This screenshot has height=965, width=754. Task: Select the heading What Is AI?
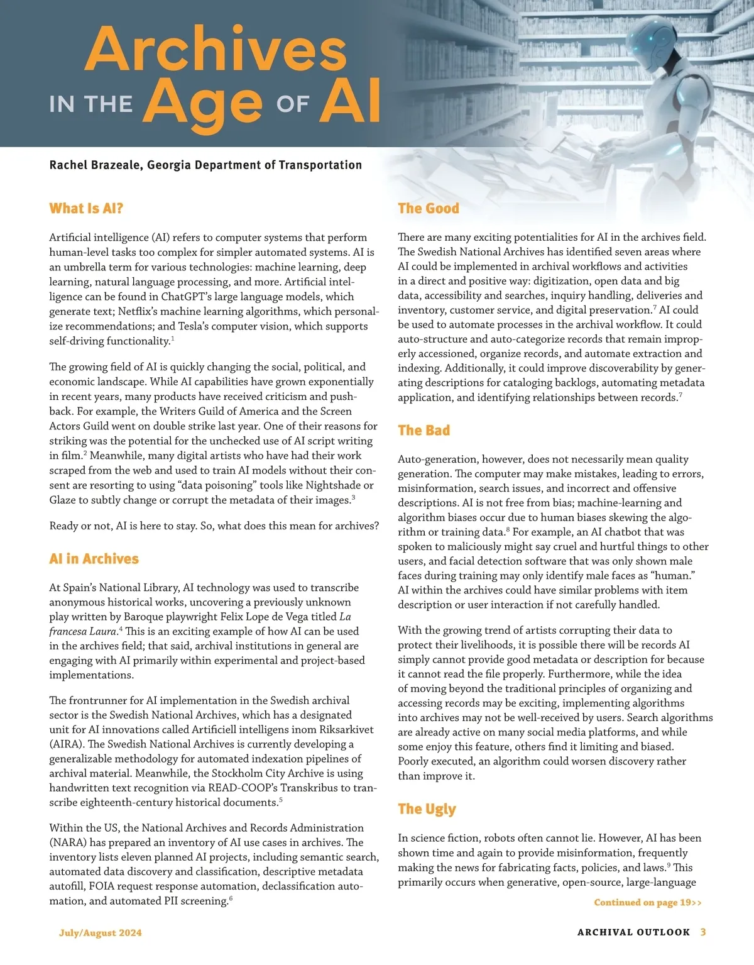pos(86,209)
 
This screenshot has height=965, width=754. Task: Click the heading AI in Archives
pos(94,559)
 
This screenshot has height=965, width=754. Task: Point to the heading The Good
pos(428,209)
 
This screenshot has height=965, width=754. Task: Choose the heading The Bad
pos(423,431)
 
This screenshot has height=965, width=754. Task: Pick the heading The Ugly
pos(427,809)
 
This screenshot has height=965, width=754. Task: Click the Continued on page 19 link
pos(647,903)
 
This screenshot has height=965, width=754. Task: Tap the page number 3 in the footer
pos(703,932)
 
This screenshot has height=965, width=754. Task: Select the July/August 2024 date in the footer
pos(101,933)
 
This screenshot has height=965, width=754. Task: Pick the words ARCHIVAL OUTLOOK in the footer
pos(633,932)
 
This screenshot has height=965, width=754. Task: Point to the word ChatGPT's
pos(194,297)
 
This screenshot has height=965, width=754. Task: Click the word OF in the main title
pos(292,105)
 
